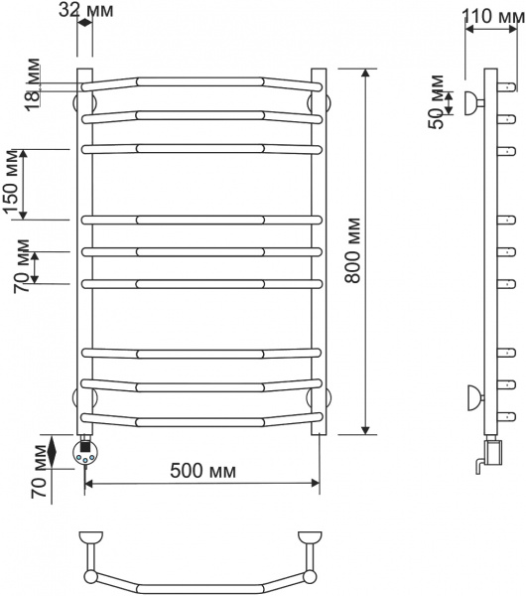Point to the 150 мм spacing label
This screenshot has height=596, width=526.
(13, 185)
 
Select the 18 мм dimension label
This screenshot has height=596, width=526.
(33, 83)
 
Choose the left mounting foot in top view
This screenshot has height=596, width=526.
(91, 540)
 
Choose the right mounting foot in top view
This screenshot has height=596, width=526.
(309, 540)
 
